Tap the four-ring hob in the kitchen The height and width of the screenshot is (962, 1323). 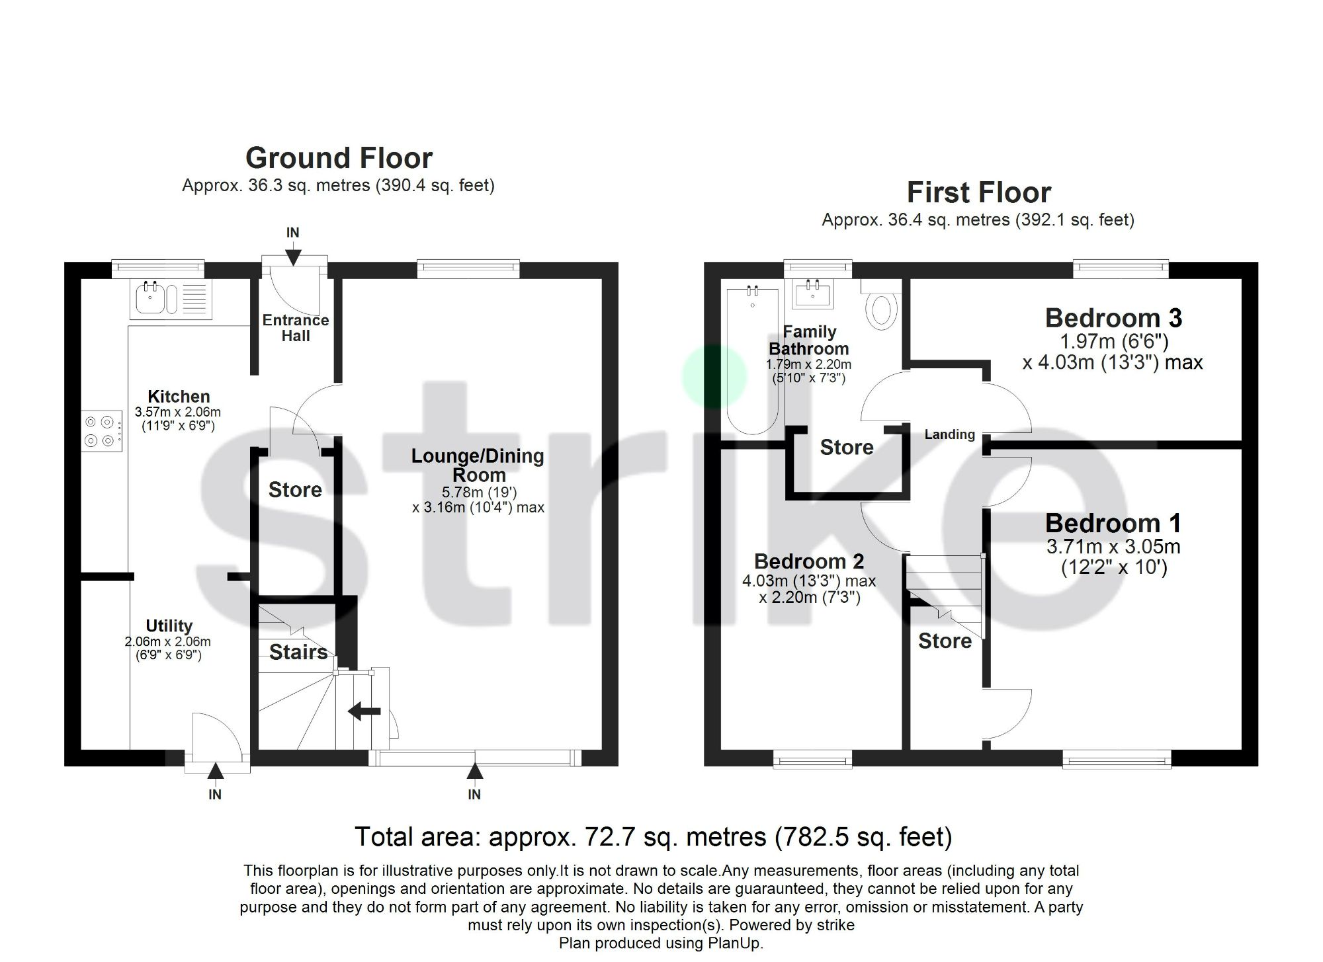click(x=102, y=431)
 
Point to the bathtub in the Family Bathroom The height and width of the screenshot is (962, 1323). click(x=753, y=360)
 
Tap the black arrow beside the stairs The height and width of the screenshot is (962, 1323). click(x=364, y=711)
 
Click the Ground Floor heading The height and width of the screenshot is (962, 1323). click(x=339, y=158)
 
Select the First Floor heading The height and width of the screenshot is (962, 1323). click(x=978, y=192)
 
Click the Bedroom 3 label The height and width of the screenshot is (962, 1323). click(x=1113, y=318)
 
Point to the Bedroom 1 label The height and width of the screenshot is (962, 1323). click(x=1113, y=523)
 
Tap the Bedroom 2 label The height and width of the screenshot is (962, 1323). click(x=809, y=561)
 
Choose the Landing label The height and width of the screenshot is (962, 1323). click(x=949, y=434)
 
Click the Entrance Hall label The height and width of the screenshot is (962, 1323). click(x=296, y=328)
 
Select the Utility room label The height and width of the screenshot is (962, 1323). click(x=169, y=625)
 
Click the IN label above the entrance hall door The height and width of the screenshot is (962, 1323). click(x=292, y=233)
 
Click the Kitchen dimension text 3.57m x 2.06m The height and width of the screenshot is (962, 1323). click(x=178, y=412)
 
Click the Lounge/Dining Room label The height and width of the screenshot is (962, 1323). click(x=478, y=465)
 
